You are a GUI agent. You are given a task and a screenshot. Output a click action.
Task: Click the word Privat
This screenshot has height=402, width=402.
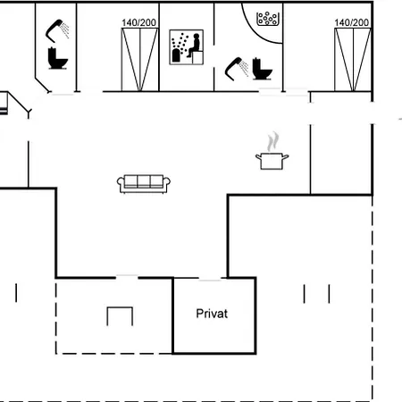coord(212,314)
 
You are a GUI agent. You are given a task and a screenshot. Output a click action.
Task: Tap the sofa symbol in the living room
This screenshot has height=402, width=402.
coord(144,184)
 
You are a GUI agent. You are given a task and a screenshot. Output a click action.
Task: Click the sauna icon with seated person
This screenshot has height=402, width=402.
coord(187,47)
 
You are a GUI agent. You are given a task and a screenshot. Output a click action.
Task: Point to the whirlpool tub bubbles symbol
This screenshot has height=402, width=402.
coord(268,19)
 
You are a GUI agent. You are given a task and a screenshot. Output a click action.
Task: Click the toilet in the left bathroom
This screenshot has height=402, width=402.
coord(57,58)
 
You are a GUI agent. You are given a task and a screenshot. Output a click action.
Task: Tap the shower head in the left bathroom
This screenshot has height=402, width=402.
coord(57,30)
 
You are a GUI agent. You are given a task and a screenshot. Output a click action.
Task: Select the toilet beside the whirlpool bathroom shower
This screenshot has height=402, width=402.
coord(262,69)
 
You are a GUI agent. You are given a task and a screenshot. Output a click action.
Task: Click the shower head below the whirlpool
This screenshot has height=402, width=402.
coord(237,69)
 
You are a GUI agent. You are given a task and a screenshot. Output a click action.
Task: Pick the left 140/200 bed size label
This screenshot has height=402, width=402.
coord(138,22)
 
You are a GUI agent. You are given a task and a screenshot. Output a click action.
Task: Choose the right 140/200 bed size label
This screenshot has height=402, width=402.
coord(352,22)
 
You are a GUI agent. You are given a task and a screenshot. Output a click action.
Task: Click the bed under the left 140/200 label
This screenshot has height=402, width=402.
coord(139,60)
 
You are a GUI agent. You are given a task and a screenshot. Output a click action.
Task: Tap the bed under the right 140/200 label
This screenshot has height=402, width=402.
coord(353,60)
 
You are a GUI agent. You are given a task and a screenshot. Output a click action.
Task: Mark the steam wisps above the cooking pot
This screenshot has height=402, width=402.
coord(273,142)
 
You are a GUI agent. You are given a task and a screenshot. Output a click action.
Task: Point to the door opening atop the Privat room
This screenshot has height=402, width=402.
coord(210,280)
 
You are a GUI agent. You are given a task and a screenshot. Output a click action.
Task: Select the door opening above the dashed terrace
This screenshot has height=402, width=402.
coord(127,276)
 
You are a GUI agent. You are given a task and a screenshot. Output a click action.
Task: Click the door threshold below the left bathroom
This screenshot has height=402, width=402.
coord(63,95)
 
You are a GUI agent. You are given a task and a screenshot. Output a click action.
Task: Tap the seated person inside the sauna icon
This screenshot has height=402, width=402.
coord(194,46)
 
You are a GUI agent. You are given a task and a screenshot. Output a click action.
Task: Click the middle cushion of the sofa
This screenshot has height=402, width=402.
coord(144,181)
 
